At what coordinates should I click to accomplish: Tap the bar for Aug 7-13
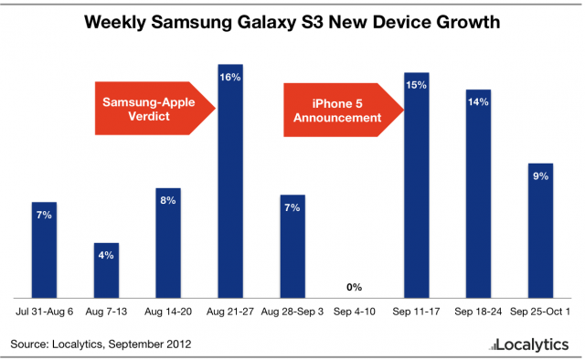(106, 270)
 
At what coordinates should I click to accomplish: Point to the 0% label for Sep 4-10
(355, 288)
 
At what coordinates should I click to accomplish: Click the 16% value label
(230, 78)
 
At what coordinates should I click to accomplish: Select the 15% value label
(417, 85)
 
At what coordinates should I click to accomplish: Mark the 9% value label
(539, 176)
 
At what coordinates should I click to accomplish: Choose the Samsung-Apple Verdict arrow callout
(151, 108)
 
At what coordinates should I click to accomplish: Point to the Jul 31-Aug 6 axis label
(44, 312)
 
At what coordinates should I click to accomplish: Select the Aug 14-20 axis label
(168, 312)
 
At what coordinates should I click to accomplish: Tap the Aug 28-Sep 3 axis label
(292, 312)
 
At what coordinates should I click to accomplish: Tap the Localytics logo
(528, 344)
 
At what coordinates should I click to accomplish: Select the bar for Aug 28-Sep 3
(292, 247)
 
